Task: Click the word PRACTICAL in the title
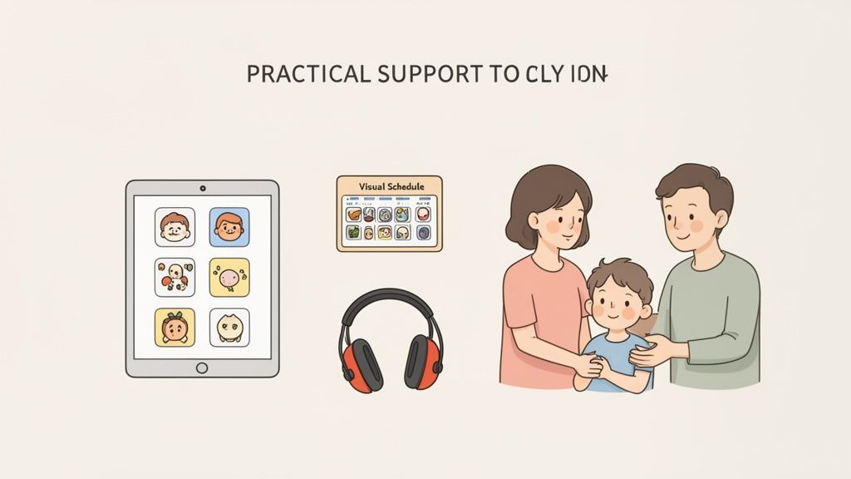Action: pyautogui.click(x=308, y=73)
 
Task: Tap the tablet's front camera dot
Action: pyautogui.click(x=202, y=189)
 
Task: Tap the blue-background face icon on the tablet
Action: pyautogui.click(x=229, y=227)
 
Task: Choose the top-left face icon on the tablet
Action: pyautogui.click(x=175, y=227)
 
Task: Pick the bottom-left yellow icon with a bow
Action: pyautogui.click(x=175, y=328)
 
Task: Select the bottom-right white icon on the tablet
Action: pyautogui.click(x=229, y=328)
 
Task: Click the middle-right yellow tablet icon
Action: pyautogui.click(x=229, y=278)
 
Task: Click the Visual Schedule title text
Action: pyautogui.click(x=390, y=187)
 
